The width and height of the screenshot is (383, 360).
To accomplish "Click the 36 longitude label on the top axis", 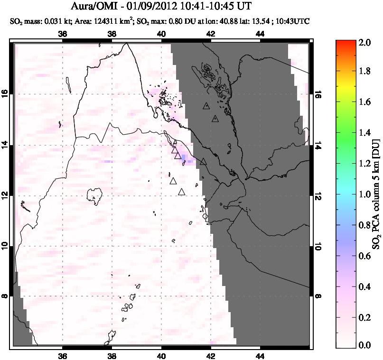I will point(62,33).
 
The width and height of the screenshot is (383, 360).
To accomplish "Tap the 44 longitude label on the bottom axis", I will point(260,357).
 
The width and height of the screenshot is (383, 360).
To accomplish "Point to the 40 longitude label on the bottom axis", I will point(161,357).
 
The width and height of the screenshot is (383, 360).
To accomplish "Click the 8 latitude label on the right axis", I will point(318,296).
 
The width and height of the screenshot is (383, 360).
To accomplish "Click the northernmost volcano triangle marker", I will point(206,106).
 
